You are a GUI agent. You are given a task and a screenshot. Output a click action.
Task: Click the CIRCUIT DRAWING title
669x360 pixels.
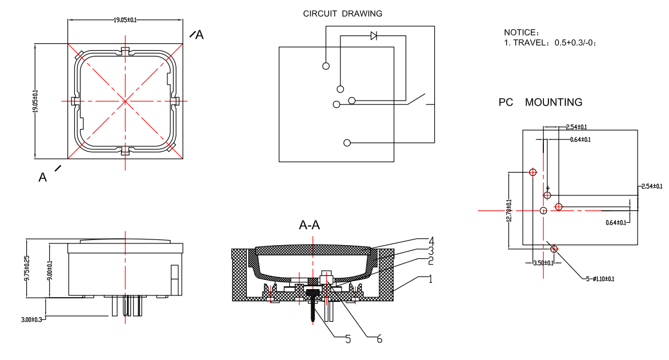342,14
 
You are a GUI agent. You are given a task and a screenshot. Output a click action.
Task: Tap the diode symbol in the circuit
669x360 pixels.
374,36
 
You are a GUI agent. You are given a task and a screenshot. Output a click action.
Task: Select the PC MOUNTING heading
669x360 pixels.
540,102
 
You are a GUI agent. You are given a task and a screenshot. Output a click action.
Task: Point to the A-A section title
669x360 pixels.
310,226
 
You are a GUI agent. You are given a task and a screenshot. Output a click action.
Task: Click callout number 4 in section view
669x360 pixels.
432,240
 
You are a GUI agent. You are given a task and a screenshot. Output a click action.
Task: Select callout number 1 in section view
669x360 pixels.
432,279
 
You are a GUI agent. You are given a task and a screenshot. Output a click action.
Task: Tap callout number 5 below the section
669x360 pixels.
348,339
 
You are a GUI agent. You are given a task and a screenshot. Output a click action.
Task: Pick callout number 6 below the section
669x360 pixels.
378,339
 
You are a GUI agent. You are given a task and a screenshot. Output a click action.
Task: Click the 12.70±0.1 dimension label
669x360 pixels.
509,210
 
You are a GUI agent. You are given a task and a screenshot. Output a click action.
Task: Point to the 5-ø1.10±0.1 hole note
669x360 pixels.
599,279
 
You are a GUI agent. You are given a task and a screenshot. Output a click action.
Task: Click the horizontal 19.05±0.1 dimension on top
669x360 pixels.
125,20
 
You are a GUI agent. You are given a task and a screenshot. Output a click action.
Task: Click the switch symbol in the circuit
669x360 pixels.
418,99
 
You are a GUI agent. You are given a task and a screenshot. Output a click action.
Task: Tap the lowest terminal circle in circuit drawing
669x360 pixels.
346,142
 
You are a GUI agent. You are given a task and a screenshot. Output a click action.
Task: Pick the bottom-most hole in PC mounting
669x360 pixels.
554,249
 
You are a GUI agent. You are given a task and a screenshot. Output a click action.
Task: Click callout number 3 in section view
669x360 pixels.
432,250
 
